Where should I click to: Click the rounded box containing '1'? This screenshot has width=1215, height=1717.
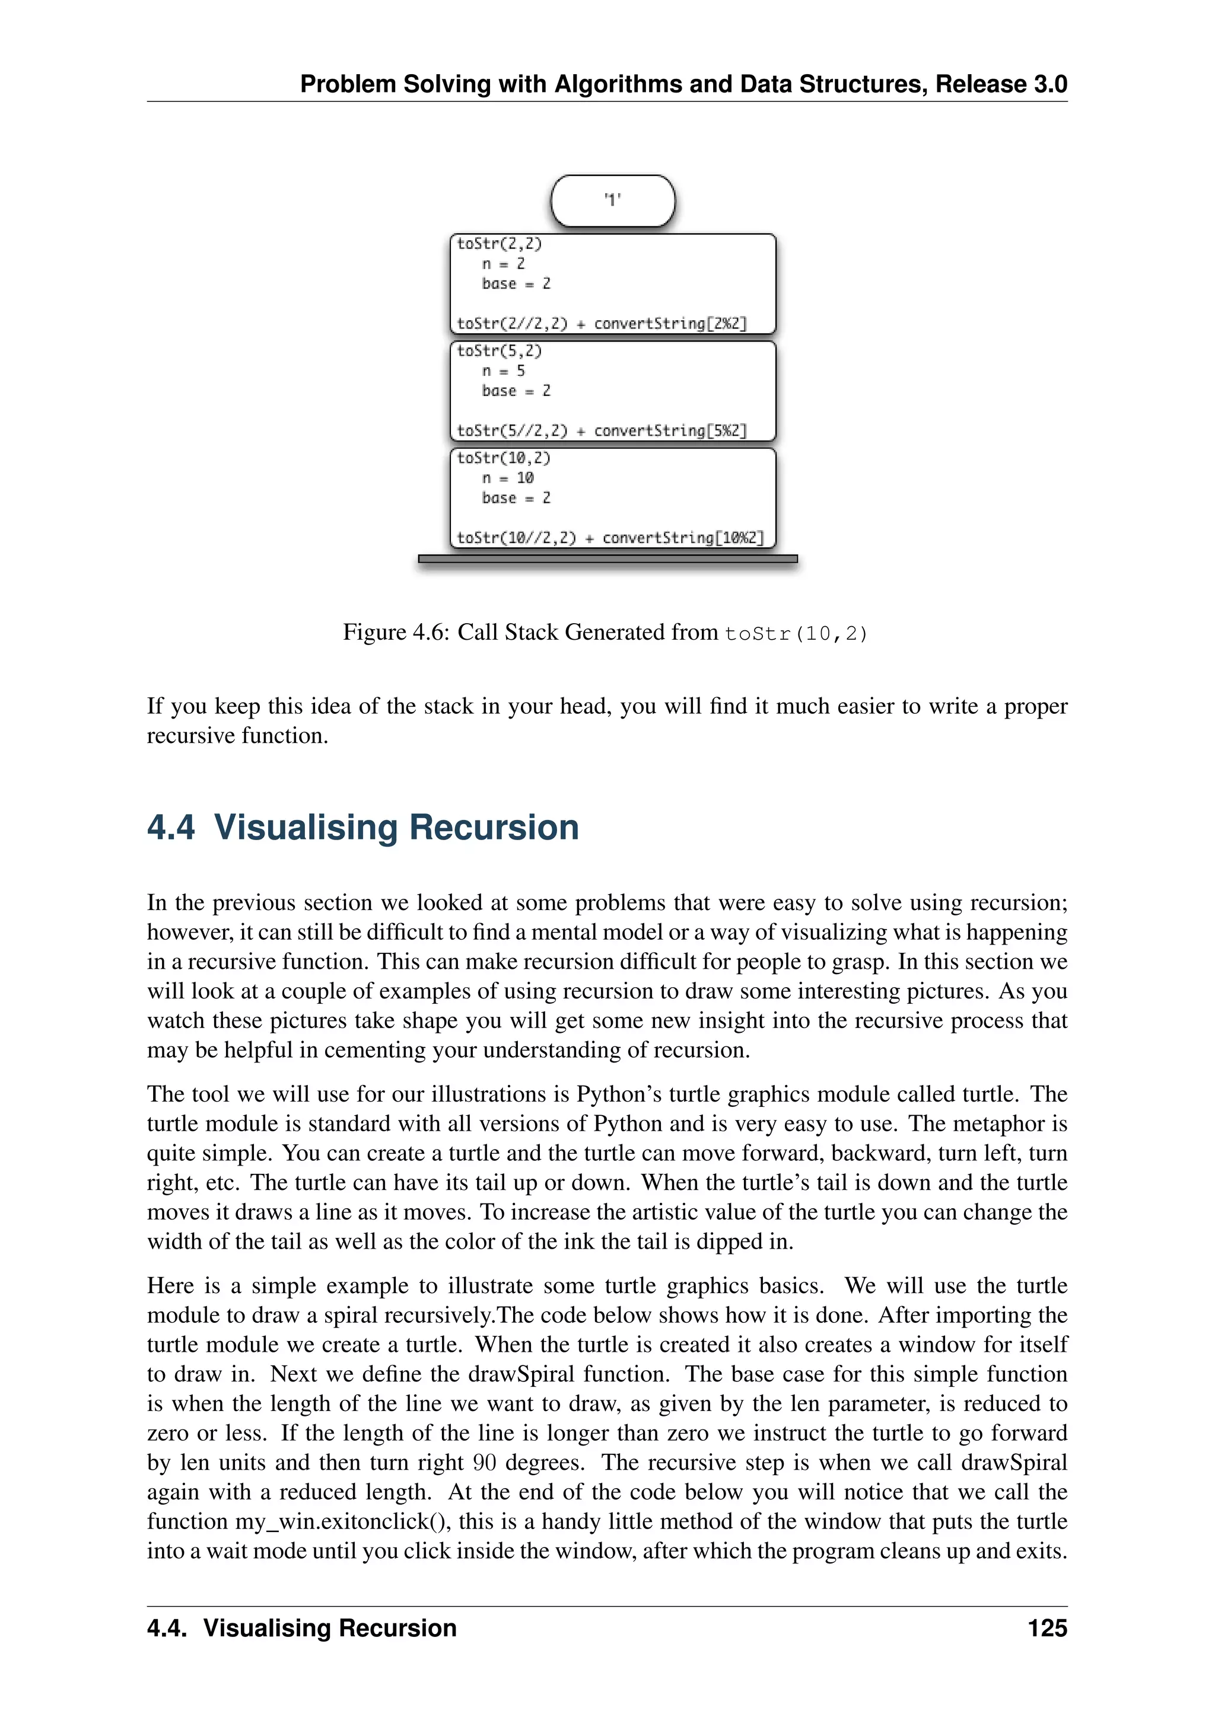coord(613,200)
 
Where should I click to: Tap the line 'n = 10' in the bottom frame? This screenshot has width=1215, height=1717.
coord(507,478)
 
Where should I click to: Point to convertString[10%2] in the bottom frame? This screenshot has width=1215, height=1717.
coord(682,538)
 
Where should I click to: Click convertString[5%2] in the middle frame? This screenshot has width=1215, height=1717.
coord(670,431)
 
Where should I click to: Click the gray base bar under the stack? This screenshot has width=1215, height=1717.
coord(607,558)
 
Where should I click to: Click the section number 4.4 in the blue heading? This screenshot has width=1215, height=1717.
coord(171,828)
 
